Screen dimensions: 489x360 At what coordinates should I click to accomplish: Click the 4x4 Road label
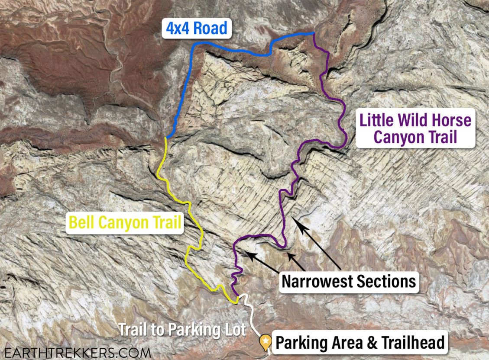click(196, 29)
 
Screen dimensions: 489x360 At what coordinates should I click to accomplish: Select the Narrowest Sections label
click(349, 281)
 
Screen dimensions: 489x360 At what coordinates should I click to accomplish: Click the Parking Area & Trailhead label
click(360, 343)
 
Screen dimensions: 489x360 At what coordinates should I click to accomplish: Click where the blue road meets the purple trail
click(314, 33)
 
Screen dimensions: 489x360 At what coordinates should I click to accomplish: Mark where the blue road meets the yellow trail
click(166, 137)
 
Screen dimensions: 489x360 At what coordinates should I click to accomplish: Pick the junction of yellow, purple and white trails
click(237, 297)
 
